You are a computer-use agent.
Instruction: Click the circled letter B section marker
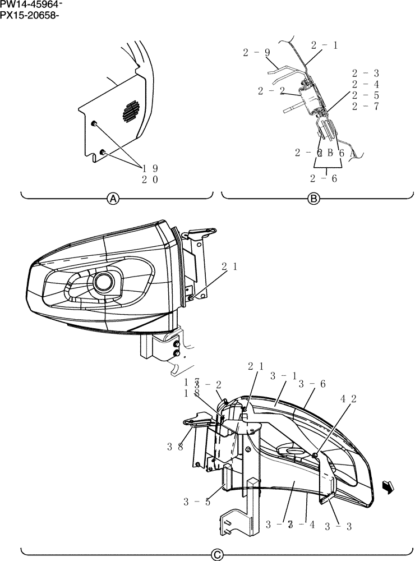tap(315, 199)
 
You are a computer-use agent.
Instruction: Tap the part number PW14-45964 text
tap(31, 5)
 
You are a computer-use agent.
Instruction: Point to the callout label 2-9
tap(257, 53)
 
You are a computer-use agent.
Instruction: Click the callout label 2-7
tap(366, 107)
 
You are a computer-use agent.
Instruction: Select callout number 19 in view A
tap(150, 168)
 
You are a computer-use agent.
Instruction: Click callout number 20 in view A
tap(150, 180)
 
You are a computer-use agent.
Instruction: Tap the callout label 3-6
tap(313, 384)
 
